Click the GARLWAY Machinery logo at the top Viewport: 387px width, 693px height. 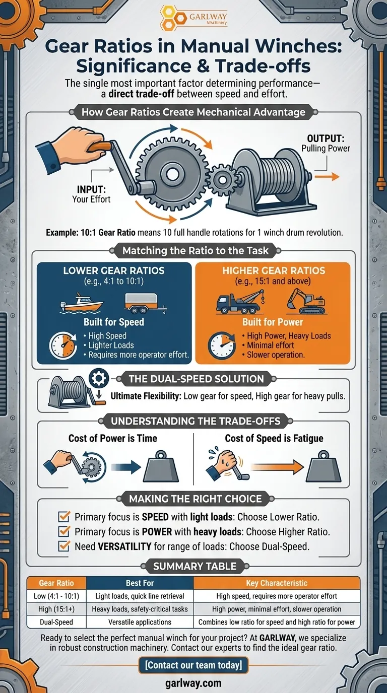click(193, 19)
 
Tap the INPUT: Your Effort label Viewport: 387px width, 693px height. click(91, 194)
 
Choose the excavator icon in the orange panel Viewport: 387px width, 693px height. click(306, 301)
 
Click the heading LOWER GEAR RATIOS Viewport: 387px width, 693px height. click(114, 270)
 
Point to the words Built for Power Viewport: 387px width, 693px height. click(272, 322)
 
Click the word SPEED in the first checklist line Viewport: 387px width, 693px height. click(166, 517)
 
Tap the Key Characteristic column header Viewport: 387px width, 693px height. click(277, 583)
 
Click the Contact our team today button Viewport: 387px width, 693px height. click(193, 665)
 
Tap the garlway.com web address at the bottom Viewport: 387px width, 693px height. click(193, 683)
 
